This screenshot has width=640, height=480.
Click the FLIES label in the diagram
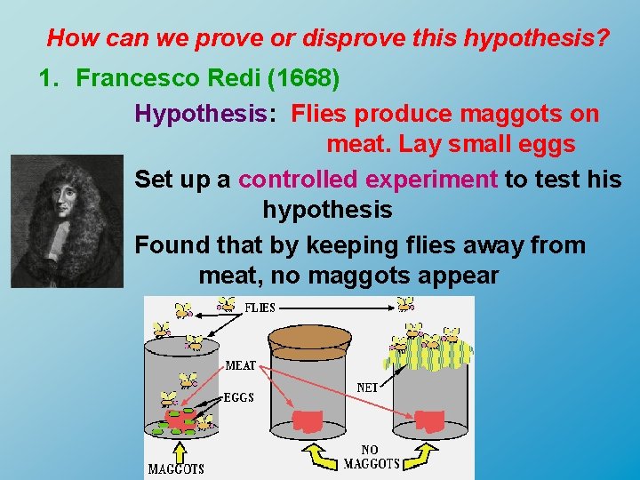pos(260,308)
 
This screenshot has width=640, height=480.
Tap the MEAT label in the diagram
pos(241,365)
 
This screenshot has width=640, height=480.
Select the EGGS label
pos(238,397)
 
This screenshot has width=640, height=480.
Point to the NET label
pos(367,388)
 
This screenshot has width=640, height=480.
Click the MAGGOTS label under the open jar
pos(175,468)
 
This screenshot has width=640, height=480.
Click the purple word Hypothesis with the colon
pos(202,113)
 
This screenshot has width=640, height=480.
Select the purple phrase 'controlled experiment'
pos(368,179)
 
